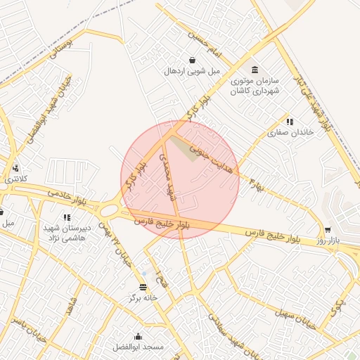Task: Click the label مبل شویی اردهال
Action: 192,71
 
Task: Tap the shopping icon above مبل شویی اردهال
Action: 192,60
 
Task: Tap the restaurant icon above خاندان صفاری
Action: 289,122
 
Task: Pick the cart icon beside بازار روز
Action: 328,230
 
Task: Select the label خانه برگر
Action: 144,297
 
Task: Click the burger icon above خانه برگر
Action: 144,287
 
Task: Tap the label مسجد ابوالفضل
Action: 139,347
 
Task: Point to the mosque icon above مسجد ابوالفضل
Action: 139,336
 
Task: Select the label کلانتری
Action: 15,179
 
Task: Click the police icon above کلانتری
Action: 15,168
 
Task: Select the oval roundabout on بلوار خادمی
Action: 109,210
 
